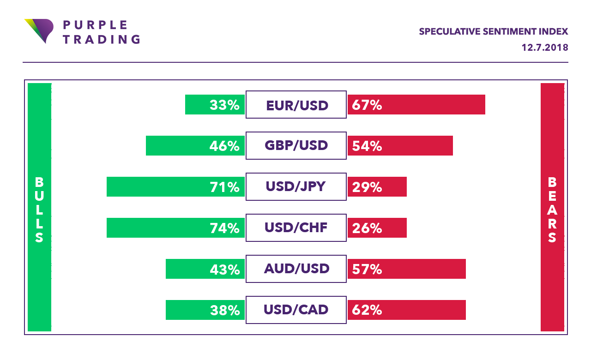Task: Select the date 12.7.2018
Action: (x=545, y=48)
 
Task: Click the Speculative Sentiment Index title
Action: (x=493, y=32)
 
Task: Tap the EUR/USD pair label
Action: (x=296, y=105)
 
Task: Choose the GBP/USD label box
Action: (x=296, y=146)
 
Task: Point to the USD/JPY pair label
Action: (x=296, y=186)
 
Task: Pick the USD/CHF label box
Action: (x=296, y=228)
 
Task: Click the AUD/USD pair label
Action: (x=296, y=269)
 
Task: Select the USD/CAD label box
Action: (x=296, y=309)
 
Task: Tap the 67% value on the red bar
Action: (x=367, y=105)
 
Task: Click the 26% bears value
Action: (x=367, y=228)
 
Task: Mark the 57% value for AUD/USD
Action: (x=367, y=269)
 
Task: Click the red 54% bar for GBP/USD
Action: (x=400, y=146)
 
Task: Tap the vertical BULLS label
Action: (x=39, y=210)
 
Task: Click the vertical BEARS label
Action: (x=552, y=210)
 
